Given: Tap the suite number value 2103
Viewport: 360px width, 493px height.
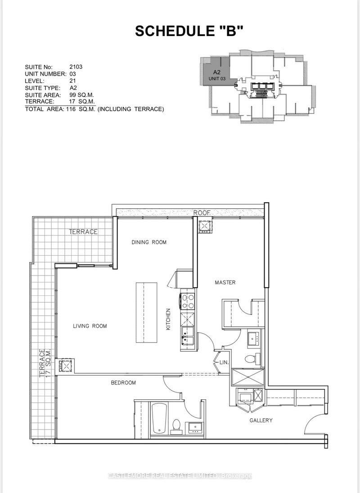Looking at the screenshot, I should tap(76, 67).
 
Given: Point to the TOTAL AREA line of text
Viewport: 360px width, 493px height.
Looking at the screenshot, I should tap(94, 109).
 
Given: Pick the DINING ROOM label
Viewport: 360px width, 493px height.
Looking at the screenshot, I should tap(149, 242).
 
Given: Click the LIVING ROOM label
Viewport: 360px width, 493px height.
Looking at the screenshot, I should tap(90, 326).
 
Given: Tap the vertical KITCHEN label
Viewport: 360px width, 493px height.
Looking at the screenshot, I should tap(168, 319).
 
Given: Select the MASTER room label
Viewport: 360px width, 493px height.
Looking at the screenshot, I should tap(225, 283).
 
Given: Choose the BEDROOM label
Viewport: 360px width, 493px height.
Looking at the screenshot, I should tap(123, 383).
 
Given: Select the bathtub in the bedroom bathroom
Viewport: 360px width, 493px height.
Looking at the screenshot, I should tap(159, 418).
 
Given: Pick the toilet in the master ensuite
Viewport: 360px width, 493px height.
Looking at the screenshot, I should tap(251, 358).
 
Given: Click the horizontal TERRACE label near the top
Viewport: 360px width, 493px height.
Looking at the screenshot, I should tap(83, 231).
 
